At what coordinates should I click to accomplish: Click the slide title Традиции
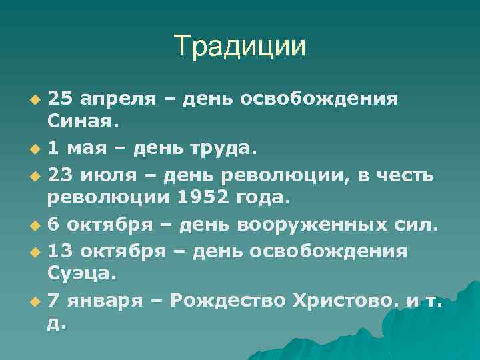click(240, 46)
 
